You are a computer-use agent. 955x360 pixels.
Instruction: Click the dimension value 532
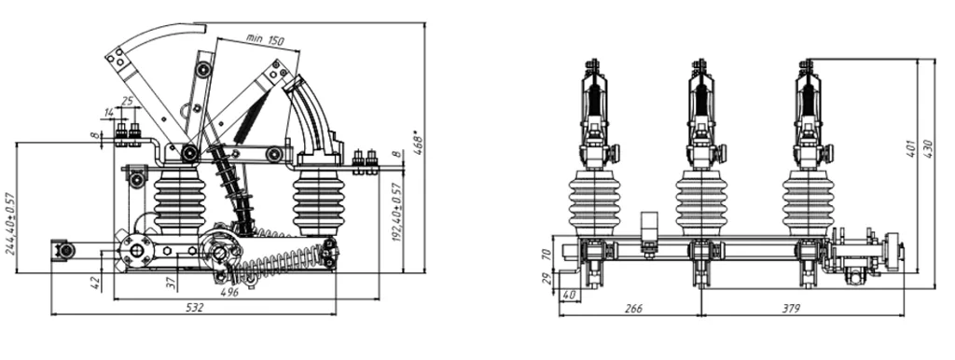194,307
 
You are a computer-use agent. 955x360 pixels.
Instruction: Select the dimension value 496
229,293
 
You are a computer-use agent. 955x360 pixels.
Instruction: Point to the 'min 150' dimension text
265,39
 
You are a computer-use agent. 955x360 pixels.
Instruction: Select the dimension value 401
912,148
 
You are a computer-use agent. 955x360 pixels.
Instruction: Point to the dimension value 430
928,149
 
